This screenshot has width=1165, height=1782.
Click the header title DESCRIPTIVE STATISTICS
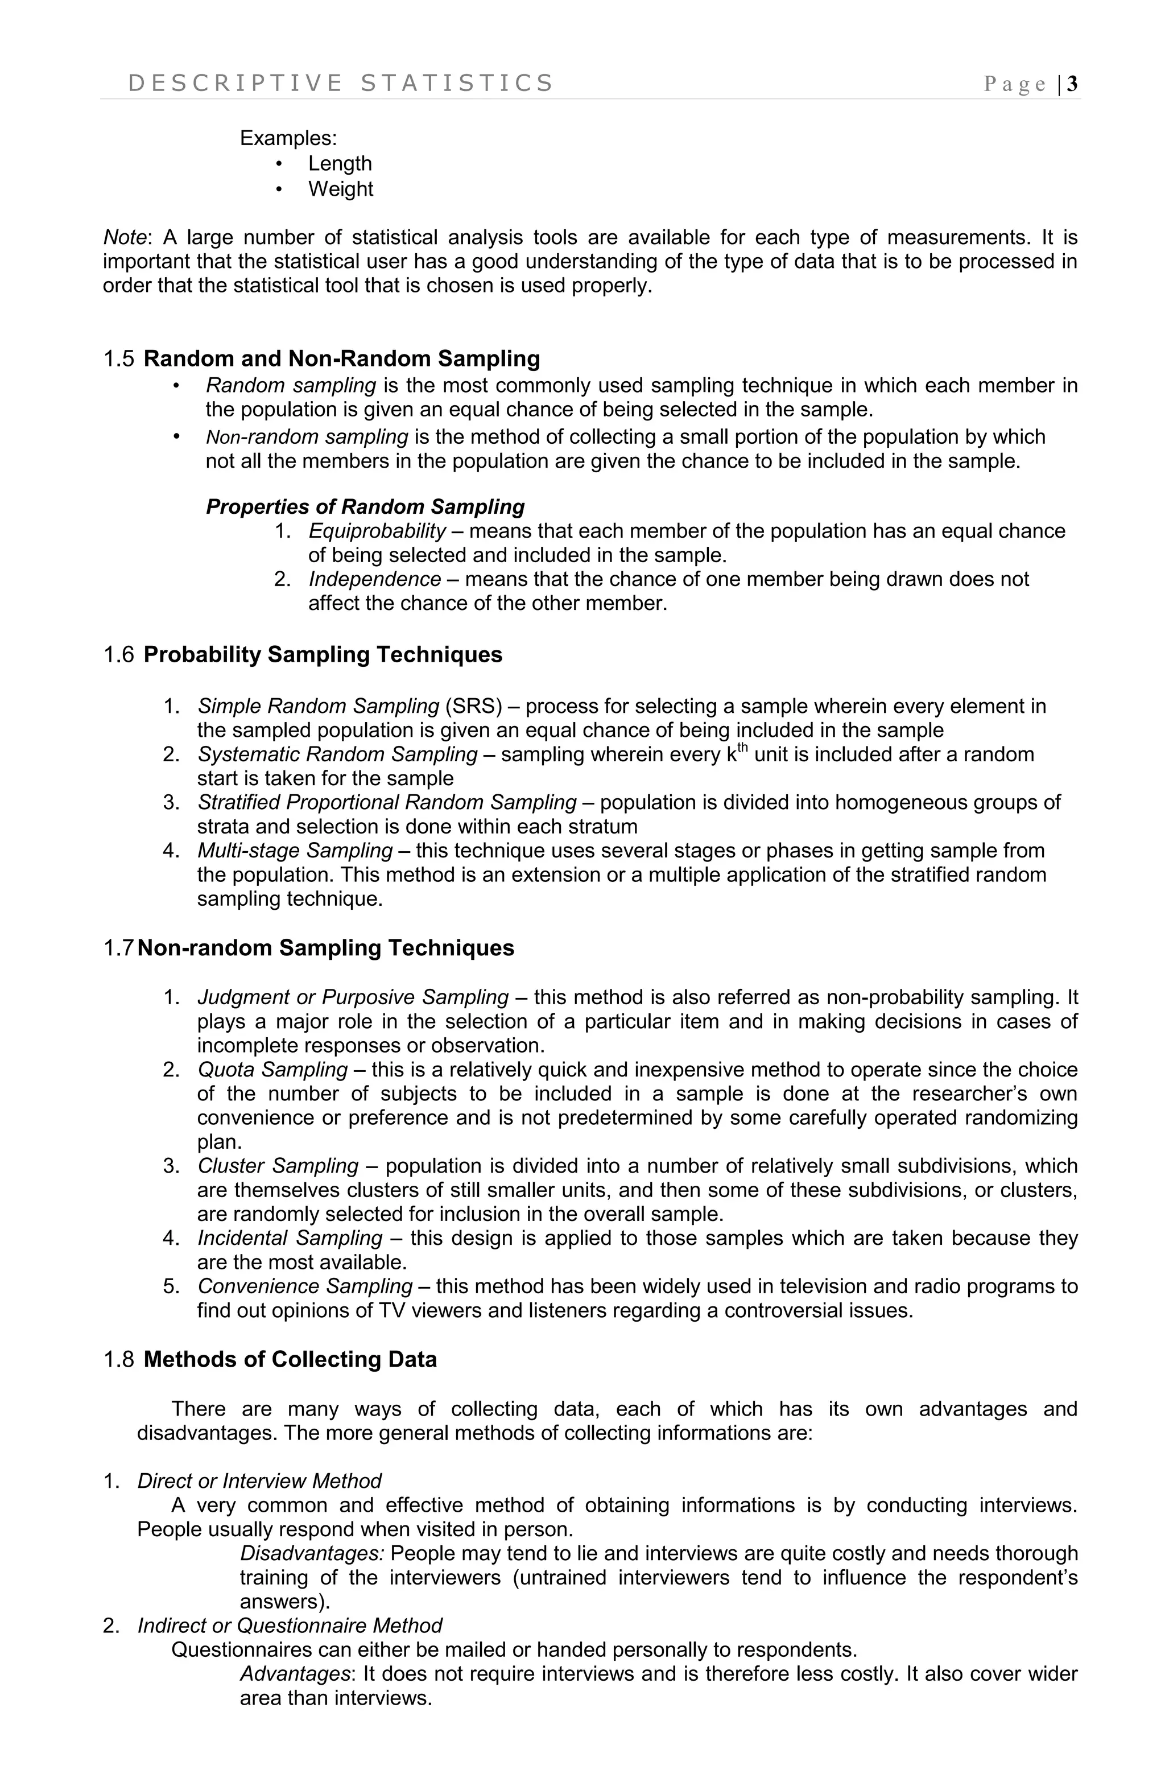point(341,83)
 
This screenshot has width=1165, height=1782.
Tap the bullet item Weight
point(340,189)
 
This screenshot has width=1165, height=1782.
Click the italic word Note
point(124,237)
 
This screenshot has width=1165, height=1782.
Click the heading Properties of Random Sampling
point(365,507)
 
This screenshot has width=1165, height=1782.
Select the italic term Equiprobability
point(377,531)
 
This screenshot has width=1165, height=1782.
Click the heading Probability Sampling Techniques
point(323,654)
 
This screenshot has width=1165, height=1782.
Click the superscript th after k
point(743,749)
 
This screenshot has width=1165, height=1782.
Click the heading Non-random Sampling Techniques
point(326,948)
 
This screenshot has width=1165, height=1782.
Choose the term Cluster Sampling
point(278,1166)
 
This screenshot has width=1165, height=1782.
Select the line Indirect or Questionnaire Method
point(290,1626)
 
